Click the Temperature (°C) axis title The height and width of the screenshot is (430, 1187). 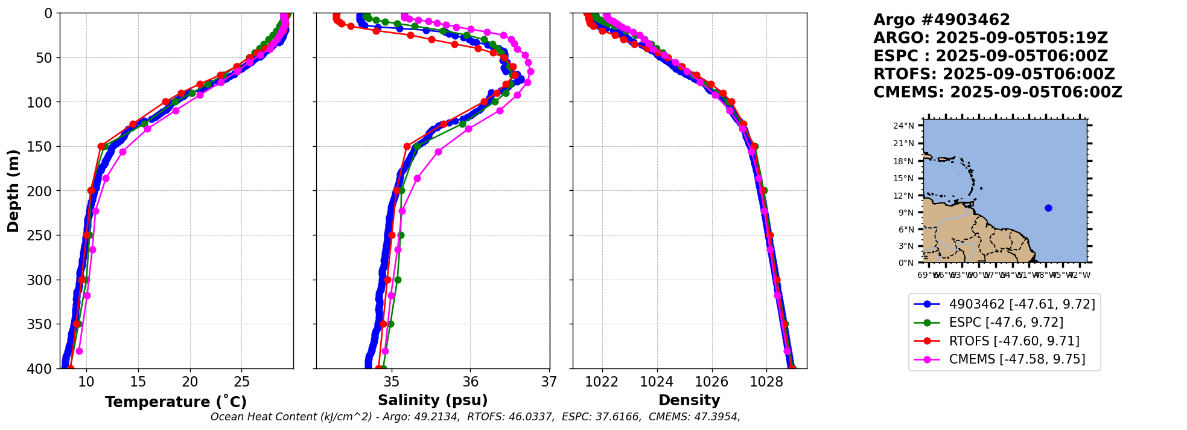click(x=176, y=402)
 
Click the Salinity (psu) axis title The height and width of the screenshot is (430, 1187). click(x=433, y=400)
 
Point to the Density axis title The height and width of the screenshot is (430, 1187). click(x=689, y=400)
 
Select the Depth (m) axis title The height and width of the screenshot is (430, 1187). click(x=13, y=190)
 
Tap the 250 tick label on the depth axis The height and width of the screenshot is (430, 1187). click(x=44, y=236)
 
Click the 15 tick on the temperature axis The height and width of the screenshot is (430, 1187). click(x=138, y=382)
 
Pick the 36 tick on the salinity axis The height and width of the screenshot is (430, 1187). click(x=471, y=382)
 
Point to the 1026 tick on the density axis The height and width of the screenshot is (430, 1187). click(x=711, y=382)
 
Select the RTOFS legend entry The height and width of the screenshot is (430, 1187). click(x=1014, y=341)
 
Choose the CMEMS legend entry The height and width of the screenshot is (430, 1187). click(x=1017, y=359)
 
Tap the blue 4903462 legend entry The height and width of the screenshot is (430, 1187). click(x=1022, y=304)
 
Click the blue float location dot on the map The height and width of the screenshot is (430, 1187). click(x=1048, y=208)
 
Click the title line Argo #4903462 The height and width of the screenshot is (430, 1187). click(x=941, y=20)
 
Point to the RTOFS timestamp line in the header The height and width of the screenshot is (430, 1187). click(x=994, y=74)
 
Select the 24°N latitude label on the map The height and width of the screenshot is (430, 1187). click(x=903, y=126)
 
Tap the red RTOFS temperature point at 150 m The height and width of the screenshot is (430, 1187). click(x=101, y=146)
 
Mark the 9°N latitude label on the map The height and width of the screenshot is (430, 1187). click(x=906, y=213)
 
